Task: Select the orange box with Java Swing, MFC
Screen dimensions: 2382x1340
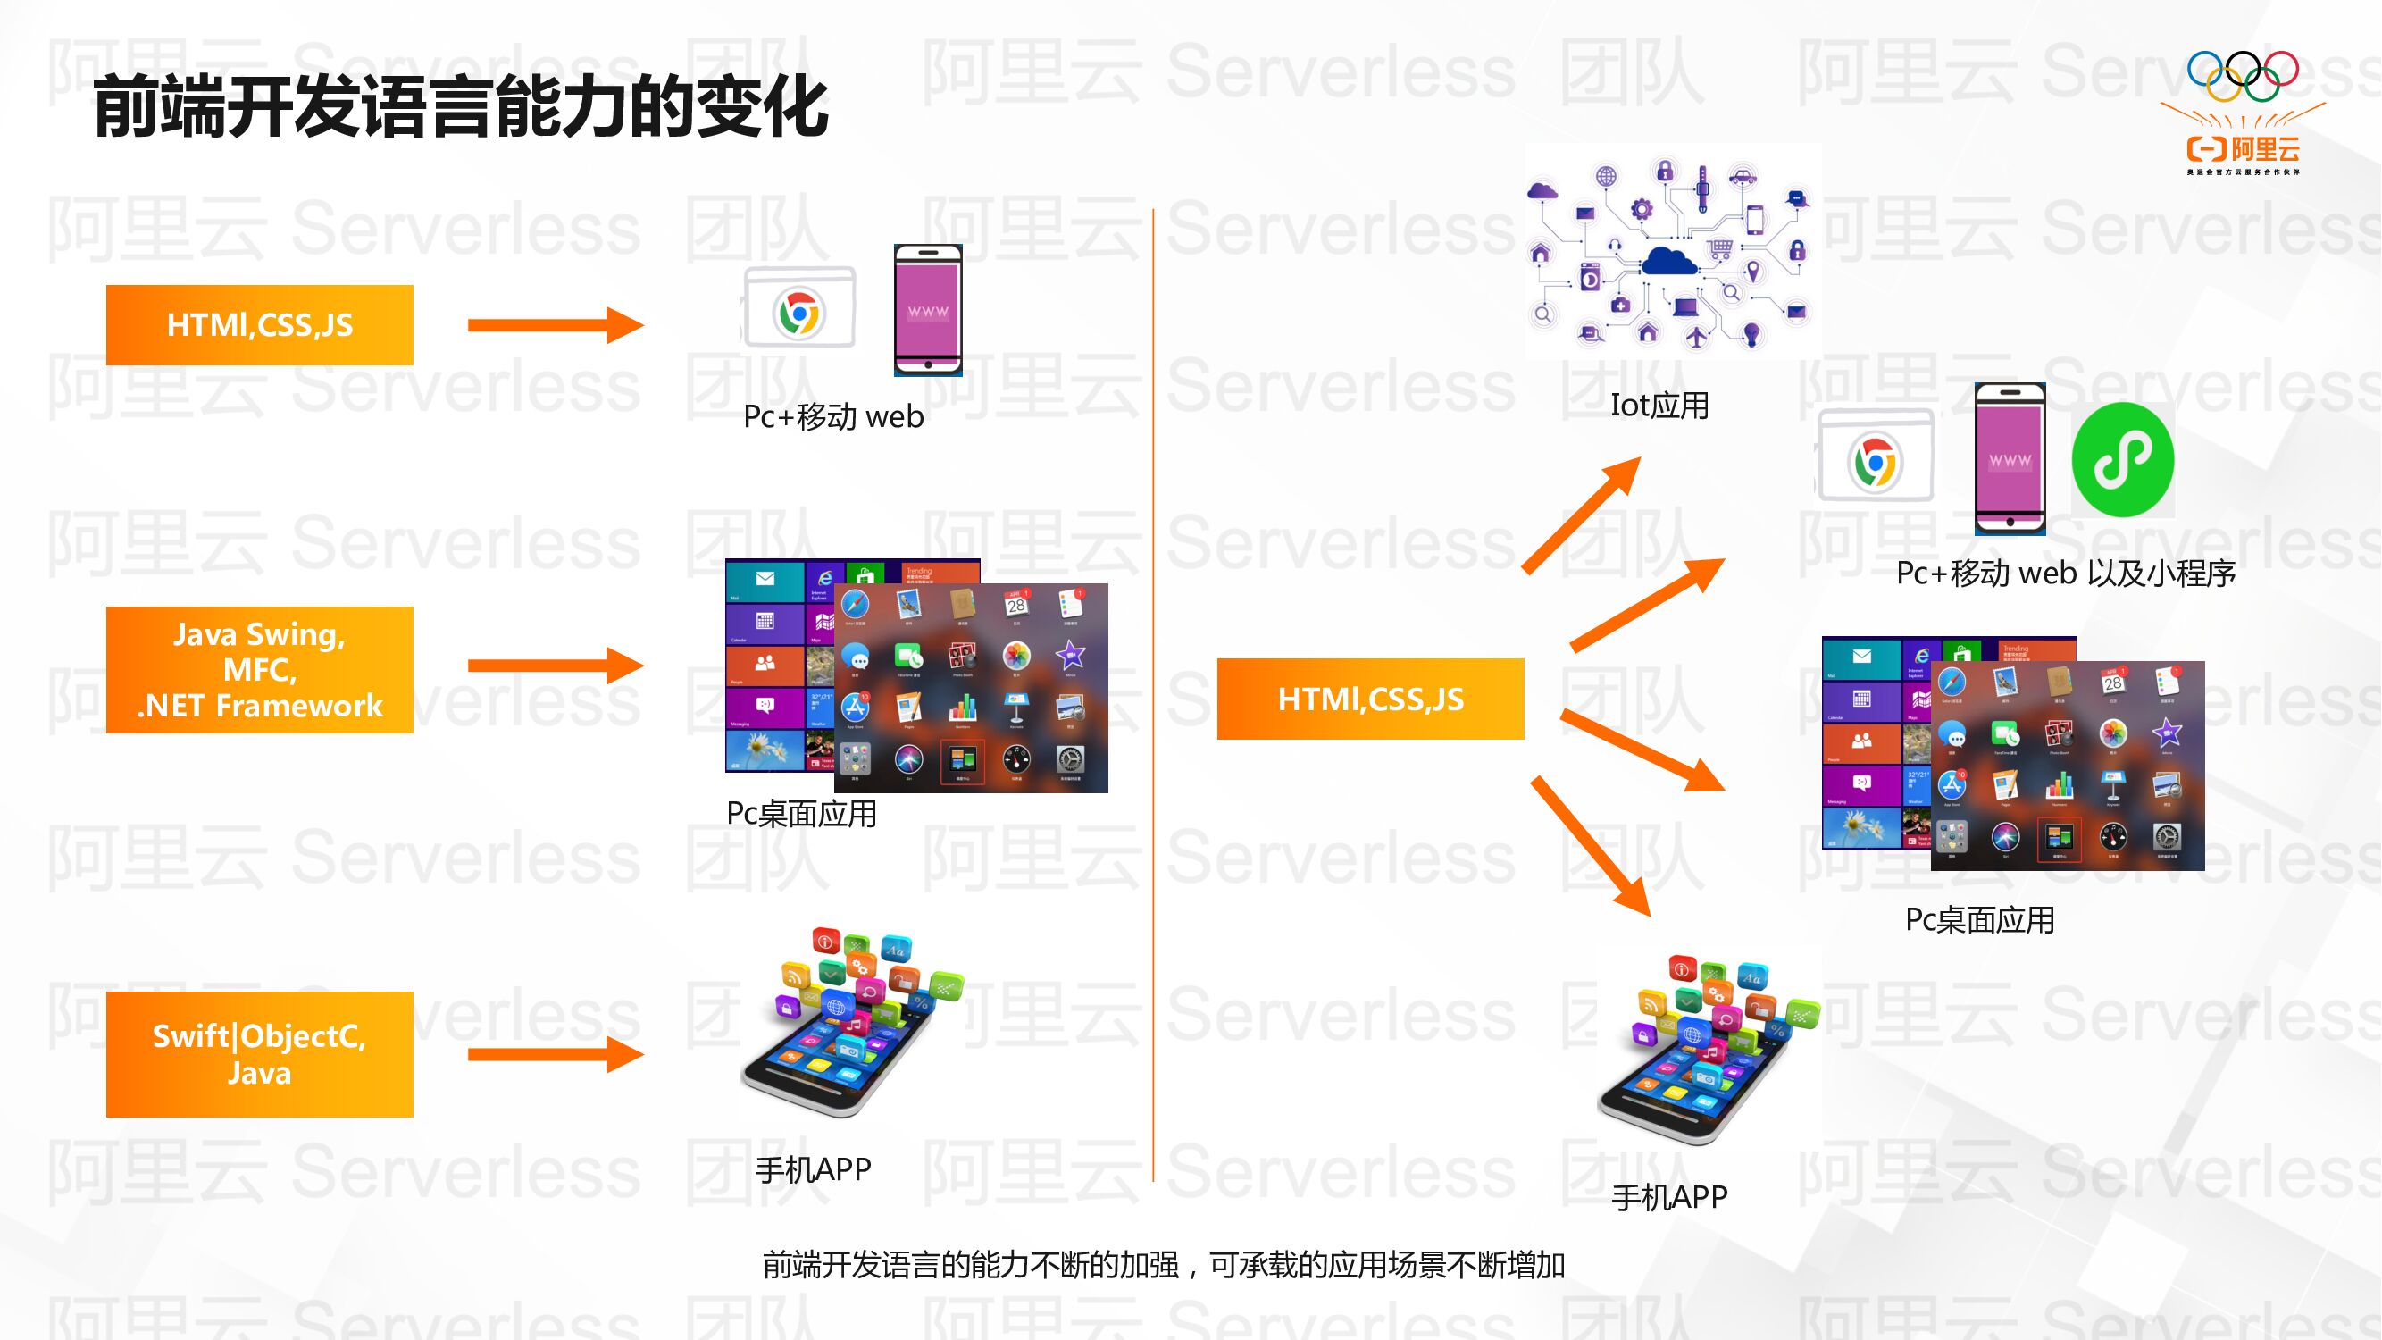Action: (x=260, y=669)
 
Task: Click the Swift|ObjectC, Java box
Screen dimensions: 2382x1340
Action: (x=260, y=1054)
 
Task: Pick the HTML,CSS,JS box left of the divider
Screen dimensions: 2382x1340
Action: (x=260, y=324)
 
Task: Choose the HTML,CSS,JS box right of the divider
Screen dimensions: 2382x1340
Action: (x=1370, y=699)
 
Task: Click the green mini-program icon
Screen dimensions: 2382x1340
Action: (x=2123, y=459)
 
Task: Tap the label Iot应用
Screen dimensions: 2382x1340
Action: (x=1659, y=405)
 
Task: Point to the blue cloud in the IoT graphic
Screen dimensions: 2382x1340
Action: (x=1669, y=260)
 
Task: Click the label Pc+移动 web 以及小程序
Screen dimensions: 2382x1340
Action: (x=2066, y=574)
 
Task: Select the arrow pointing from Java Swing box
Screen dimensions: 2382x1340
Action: (x=555, y=666)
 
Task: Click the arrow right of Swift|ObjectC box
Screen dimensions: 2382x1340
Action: (x=555, y=1054)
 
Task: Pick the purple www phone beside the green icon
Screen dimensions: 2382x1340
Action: (x=2010, y=459)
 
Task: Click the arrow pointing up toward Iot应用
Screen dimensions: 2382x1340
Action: (x=1581, y=516)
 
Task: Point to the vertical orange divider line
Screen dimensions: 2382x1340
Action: (x=1153, y=693)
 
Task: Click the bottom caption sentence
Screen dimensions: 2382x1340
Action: (x=1163, y=1265)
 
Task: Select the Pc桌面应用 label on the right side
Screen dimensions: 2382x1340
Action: (x=1980, y=920)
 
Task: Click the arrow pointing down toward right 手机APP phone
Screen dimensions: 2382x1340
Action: (x=1591, y=846)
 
